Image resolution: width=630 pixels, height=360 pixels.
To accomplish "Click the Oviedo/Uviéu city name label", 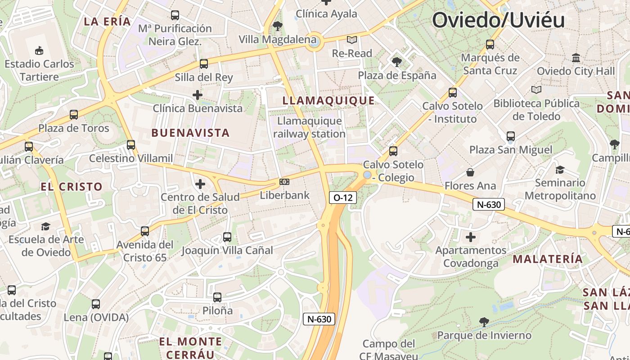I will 498,20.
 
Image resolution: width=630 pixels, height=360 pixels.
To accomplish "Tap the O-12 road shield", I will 343,198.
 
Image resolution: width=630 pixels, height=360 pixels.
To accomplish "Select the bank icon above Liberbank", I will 284,182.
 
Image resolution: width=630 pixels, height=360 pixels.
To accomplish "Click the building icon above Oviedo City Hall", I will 576,58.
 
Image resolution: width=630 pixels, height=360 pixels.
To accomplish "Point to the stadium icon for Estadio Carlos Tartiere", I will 40,50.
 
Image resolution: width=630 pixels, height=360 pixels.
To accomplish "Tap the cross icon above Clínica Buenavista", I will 197,95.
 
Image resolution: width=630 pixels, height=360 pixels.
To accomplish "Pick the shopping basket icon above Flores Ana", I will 470,172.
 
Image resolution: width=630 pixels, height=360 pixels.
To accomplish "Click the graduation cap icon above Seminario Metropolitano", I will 560,170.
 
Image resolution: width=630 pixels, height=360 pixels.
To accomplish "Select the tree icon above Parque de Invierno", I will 484,322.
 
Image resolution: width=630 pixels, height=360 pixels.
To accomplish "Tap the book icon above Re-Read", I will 352,40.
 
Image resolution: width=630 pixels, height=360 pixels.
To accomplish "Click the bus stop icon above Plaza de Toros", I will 74,115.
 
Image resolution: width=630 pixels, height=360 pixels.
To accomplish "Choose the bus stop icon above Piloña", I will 217,297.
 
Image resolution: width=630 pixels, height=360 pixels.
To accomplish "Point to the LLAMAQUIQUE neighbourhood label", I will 328,100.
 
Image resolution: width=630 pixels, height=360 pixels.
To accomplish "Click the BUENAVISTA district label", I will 191,133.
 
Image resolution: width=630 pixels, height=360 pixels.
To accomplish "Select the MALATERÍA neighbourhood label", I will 548,259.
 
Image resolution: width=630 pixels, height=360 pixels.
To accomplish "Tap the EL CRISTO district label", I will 72,186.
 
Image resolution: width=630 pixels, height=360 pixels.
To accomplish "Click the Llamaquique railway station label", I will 310,127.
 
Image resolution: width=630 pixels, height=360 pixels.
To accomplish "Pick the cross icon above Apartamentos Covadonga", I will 471,237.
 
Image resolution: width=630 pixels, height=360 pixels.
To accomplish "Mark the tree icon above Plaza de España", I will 396,62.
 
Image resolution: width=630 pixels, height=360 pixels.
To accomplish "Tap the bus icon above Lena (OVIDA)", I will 96,304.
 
